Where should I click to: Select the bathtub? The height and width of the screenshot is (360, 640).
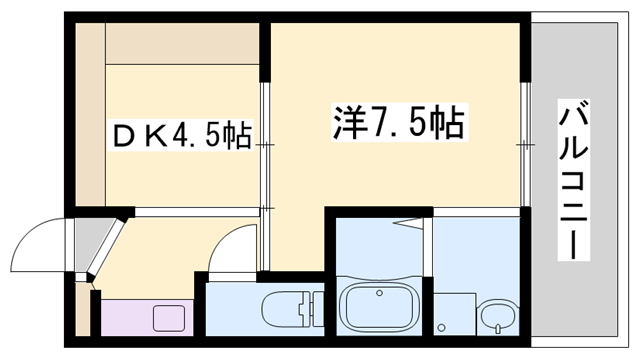[379, 310]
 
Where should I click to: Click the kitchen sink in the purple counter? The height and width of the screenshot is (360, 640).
[165, 319]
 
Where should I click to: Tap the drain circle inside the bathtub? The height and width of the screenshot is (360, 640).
[379, 292]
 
